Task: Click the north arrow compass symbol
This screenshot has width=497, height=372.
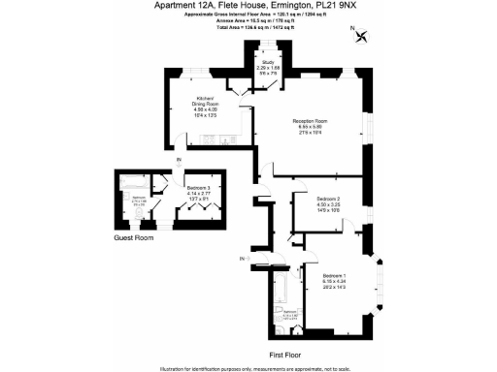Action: pyautogui.click(x=363, y=38)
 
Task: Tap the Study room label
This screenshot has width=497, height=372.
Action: pyautogui.click(x=267, y=63)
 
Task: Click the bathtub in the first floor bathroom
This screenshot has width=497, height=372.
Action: pyautogui.click(x=279, y=291)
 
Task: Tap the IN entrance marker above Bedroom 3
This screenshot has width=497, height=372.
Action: pyautogui.click(x=179, y=161)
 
